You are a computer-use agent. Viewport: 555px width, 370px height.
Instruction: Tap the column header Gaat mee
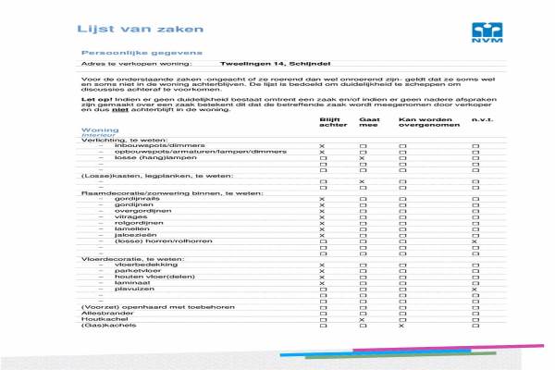pyautogui.click(x=368, y=123)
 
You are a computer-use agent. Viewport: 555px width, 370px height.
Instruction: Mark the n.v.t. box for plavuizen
pyautogui.click(x=475, y=290)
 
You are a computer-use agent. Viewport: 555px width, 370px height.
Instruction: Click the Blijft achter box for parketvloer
pyautogui.click(x=323, y=271)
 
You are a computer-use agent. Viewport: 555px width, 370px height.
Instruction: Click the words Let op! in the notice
pyautogui.click(x=93, y=96)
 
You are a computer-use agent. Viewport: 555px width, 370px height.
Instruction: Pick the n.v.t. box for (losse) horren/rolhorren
pyautogui.click(x=475, y=241)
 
